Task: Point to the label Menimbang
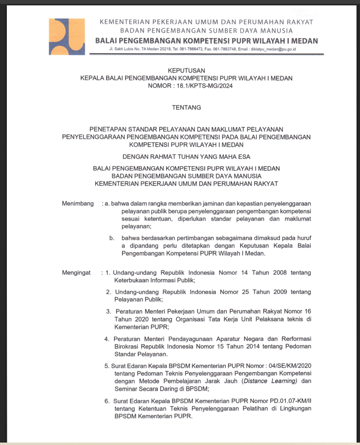78,203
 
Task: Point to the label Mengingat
77,272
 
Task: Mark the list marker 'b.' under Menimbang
112,238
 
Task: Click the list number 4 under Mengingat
106,338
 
